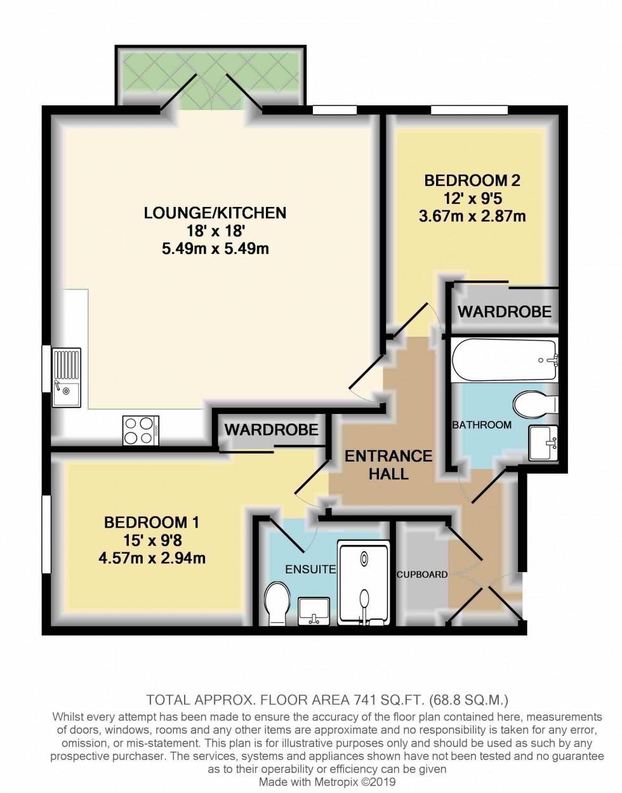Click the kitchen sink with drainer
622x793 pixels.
click(x=66, y=377)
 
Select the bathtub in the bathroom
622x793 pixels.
click(x=504, y=360)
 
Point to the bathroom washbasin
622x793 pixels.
click(x=543, y=443)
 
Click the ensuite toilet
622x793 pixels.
click(x=275, y=603)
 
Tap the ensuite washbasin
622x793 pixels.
click(x=314, y=611)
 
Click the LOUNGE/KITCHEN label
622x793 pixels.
click(x=215, y=213)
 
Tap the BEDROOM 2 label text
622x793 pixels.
click(x=472, y=180)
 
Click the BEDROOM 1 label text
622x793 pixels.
click(x=152, y=523)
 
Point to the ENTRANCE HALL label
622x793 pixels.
click(x=388, y=465)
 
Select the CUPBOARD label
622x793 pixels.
click(x=422, y=575)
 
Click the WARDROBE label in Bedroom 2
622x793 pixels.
click(x=505, y=312)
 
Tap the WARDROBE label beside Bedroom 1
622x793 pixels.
click(x=271, y=430)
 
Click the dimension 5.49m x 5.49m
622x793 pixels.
click(x=215, y=249)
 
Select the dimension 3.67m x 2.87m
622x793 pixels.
click(x=472, y=217)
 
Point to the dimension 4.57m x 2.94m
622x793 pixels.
click(x=152, y=559)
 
